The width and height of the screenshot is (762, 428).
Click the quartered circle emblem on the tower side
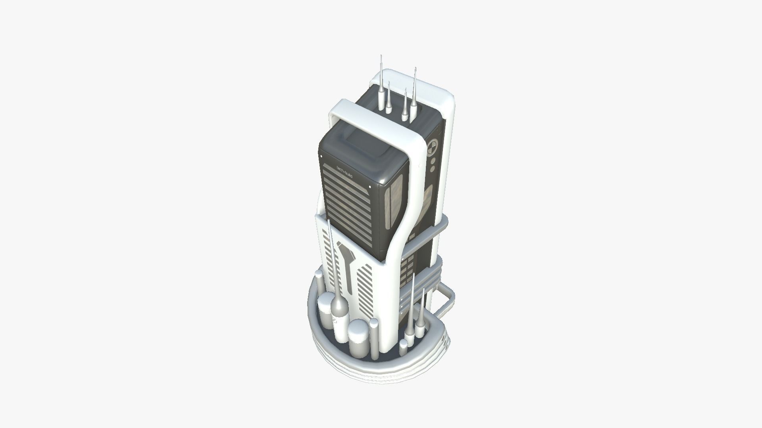433,149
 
